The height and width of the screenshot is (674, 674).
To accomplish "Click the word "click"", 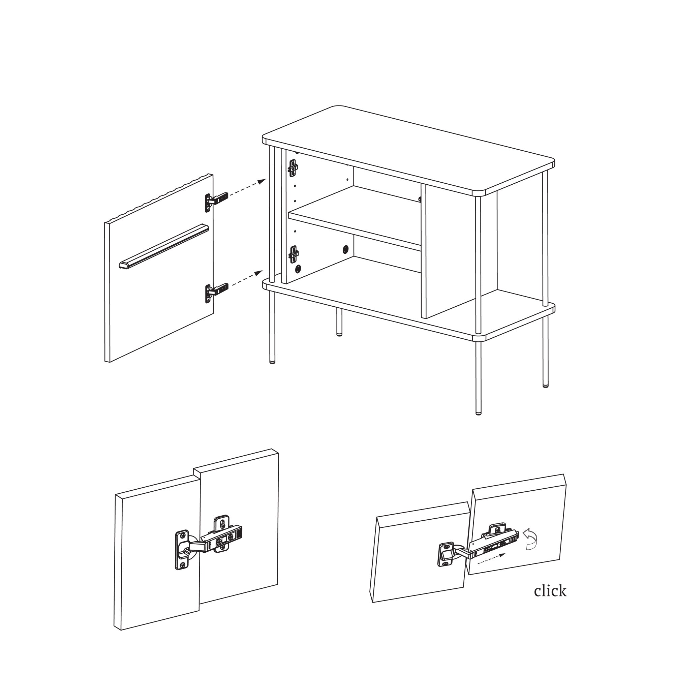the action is point(550,591).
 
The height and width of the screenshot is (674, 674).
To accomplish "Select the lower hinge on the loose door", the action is point(216,292).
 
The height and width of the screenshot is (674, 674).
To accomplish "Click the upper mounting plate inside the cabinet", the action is point(293,168).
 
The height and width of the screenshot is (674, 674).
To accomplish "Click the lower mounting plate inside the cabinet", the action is point(294,254).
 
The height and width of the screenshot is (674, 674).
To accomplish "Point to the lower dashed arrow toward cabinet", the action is point(247,278).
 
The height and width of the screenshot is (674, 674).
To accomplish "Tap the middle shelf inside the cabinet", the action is point(354,218).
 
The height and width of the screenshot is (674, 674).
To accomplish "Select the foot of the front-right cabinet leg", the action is point(478,412).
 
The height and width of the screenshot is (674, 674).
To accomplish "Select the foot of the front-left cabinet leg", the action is point(272,362).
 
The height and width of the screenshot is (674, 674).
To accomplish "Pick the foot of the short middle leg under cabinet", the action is point(339,334).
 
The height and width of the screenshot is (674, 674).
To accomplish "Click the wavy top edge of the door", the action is point(159,197).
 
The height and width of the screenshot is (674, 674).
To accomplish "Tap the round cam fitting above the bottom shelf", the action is point(298,268).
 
